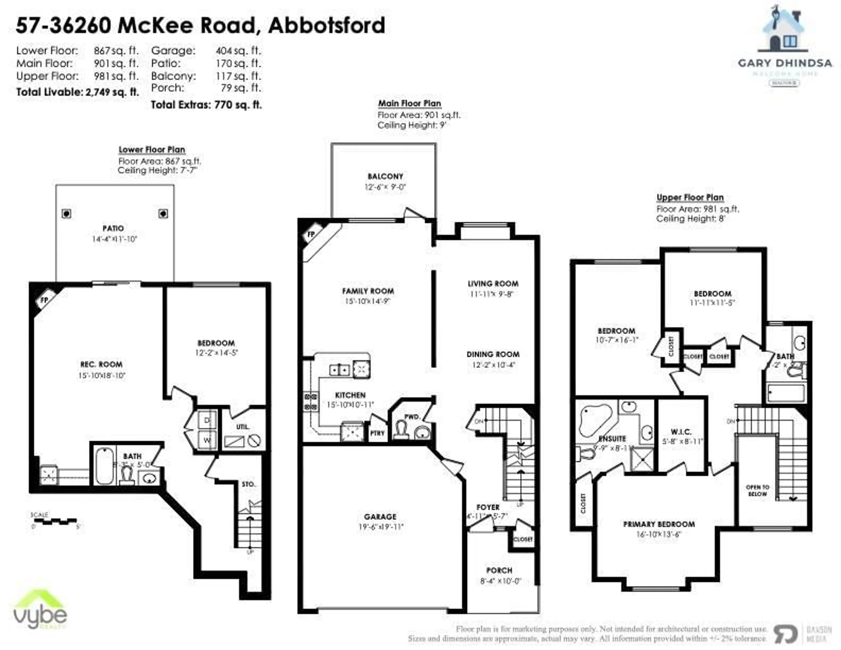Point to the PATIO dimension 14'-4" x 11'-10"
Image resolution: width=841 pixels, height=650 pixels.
tap(114, 239)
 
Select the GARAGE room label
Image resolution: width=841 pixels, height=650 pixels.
tap(380, 517)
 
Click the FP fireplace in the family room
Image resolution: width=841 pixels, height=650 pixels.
tap(311, 234)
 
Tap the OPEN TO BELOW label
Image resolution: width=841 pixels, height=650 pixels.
tap(757, 491)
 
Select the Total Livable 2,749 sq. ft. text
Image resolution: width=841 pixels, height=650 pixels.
tap(77, 92)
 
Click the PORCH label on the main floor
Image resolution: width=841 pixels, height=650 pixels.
tap(499, 570)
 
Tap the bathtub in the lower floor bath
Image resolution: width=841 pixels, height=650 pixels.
tap(104, 466)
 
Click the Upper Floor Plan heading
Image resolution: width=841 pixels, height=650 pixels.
tap(690, 198)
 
